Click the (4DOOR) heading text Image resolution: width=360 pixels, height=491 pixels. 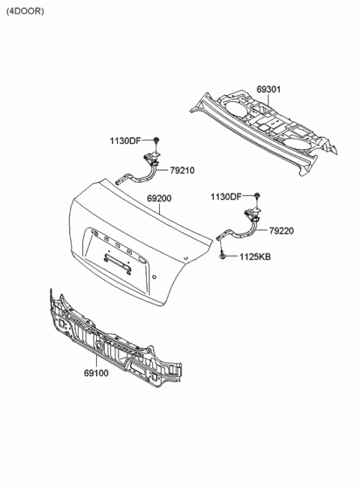[x=25, y=11]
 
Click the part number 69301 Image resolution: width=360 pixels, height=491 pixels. [x=268, y=89]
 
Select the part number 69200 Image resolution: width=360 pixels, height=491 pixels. [x=160, y=199]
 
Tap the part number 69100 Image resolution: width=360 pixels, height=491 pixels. [x=96, y=373]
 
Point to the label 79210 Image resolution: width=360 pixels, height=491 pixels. [x=182, y=171]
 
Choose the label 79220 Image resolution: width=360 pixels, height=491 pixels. [x=282, y=231]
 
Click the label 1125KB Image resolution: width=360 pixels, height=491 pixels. [x=255, y=257]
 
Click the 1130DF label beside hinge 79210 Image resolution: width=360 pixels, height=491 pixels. [x=125, y=141]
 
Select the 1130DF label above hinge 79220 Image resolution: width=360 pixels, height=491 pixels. [x=226, y=197]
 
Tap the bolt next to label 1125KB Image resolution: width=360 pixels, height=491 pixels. [x=222, y=254]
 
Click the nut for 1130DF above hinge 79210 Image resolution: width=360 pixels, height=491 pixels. [x=156, y=139]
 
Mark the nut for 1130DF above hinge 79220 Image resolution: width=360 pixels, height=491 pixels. [x=257, y=196]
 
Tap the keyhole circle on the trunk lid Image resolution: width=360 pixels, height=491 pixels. [x=154, y=277]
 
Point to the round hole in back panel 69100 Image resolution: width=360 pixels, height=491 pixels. [x=99, y=345]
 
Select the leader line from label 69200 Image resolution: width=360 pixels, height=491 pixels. [x=160, y=208]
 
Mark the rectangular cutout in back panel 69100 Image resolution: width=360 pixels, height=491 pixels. [x=138, y=366]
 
